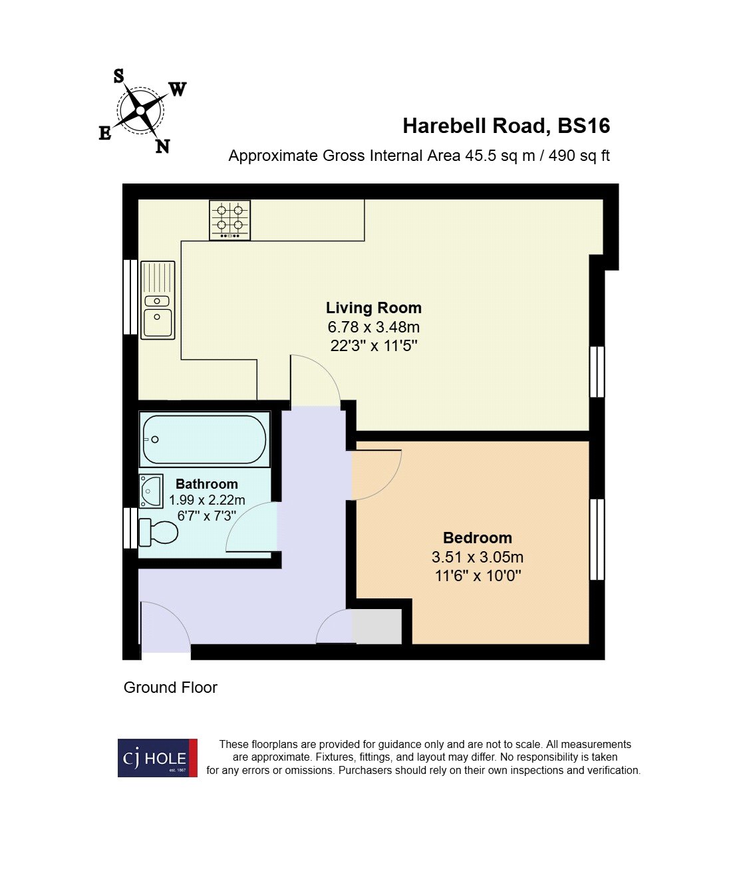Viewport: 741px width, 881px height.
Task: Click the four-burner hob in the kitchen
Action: pos(229,219)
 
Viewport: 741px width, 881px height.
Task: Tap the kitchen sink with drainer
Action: pos(158,300)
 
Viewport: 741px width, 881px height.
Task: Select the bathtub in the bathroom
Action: pos(204,440)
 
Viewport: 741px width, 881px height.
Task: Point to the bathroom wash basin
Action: pos(151,491)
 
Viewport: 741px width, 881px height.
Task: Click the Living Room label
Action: pos(373,308)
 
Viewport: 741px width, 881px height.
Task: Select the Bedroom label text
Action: pos(477,538)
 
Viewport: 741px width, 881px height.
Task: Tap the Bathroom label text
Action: pos(206,484)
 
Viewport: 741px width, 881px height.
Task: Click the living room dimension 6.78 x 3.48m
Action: pos(373,327)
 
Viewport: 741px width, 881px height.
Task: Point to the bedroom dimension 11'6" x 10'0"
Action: pos(477,576)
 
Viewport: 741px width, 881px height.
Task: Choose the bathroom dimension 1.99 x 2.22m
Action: pos(206,500)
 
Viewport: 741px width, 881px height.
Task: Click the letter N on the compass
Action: pos(162,147)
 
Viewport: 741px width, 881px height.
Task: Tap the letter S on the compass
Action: pos(118,76)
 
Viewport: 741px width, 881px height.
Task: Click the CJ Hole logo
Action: pos(158,758)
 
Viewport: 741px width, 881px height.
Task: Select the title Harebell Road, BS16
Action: pos(506,126)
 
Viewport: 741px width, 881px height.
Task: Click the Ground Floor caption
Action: pos(170,688)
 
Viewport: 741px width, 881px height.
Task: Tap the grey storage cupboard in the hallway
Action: pos(377,626)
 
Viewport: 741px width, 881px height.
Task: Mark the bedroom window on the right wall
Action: pos(597,539)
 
